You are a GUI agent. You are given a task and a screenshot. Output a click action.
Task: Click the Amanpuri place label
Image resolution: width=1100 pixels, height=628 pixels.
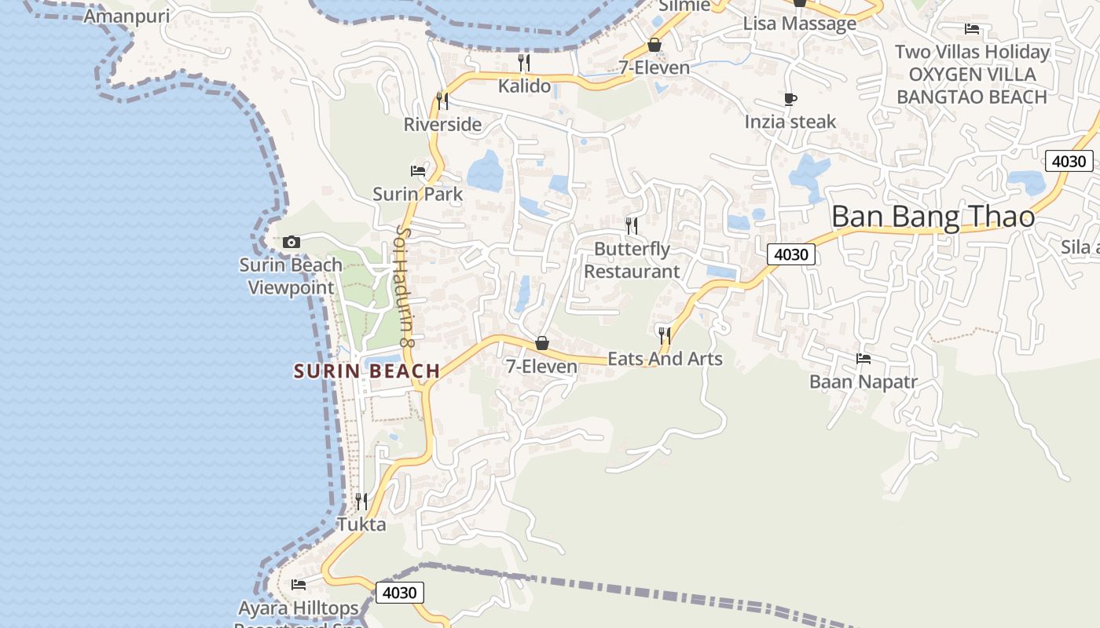[x=126, y=16]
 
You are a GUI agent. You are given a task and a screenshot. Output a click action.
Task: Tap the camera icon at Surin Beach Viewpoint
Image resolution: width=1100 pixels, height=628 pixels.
[x=291, y=242]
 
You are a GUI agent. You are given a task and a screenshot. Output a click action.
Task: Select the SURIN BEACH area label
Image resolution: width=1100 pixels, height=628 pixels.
[x=367, y=371]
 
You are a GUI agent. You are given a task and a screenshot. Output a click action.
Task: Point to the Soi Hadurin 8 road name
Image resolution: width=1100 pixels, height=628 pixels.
[x=405, y=287]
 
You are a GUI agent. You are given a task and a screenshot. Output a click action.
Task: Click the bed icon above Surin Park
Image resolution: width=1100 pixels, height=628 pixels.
[x=418, y=170]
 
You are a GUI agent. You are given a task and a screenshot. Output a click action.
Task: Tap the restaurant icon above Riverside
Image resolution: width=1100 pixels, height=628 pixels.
[x=442, y=100]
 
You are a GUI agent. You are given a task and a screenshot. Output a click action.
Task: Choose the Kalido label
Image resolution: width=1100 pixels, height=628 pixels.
[x=525, y=86]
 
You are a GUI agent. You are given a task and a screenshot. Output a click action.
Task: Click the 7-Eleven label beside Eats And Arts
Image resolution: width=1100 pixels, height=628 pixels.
[x=542, y=366]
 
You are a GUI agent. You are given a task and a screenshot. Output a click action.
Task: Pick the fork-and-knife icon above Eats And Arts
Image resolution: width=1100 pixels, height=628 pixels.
[x=665, y=336]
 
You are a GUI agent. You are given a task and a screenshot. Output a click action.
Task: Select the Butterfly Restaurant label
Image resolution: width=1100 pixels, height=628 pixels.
[x=632, y=260]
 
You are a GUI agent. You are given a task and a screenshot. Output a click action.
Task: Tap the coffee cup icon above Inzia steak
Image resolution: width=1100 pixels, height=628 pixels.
[x=790, y=99]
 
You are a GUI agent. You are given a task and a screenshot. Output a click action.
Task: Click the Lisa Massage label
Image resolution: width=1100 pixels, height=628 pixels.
[x=800, y=24]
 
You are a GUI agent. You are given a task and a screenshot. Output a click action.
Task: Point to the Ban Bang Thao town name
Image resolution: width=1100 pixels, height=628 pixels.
[x=933, y=216]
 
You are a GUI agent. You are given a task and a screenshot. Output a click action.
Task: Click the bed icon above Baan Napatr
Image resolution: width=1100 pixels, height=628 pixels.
[x=863, y=359]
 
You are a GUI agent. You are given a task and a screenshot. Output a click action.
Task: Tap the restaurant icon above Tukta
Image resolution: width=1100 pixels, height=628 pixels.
[x=361, y=500]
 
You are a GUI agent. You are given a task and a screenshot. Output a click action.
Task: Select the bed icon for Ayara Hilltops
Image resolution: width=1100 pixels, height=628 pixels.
[x=299, y=584]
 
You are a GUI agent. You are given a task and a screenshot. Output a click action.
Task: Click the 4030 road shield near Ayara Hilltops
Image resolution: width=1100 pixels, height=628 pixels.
[x=400, y=592]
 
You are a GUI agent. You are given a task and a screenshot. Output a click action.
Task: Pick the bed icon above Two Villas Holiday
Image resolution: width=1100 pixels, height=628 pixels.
[x=972, y=29]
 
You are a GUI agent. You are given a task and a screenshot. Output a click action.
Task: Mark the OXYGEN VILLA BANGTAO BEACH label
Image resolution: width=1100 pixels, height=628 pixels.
[x=971, y=86]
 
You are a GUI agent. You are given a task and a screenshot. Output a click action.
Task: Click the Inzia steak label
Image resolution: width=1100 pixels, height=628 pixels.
[x=790, y=122]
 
